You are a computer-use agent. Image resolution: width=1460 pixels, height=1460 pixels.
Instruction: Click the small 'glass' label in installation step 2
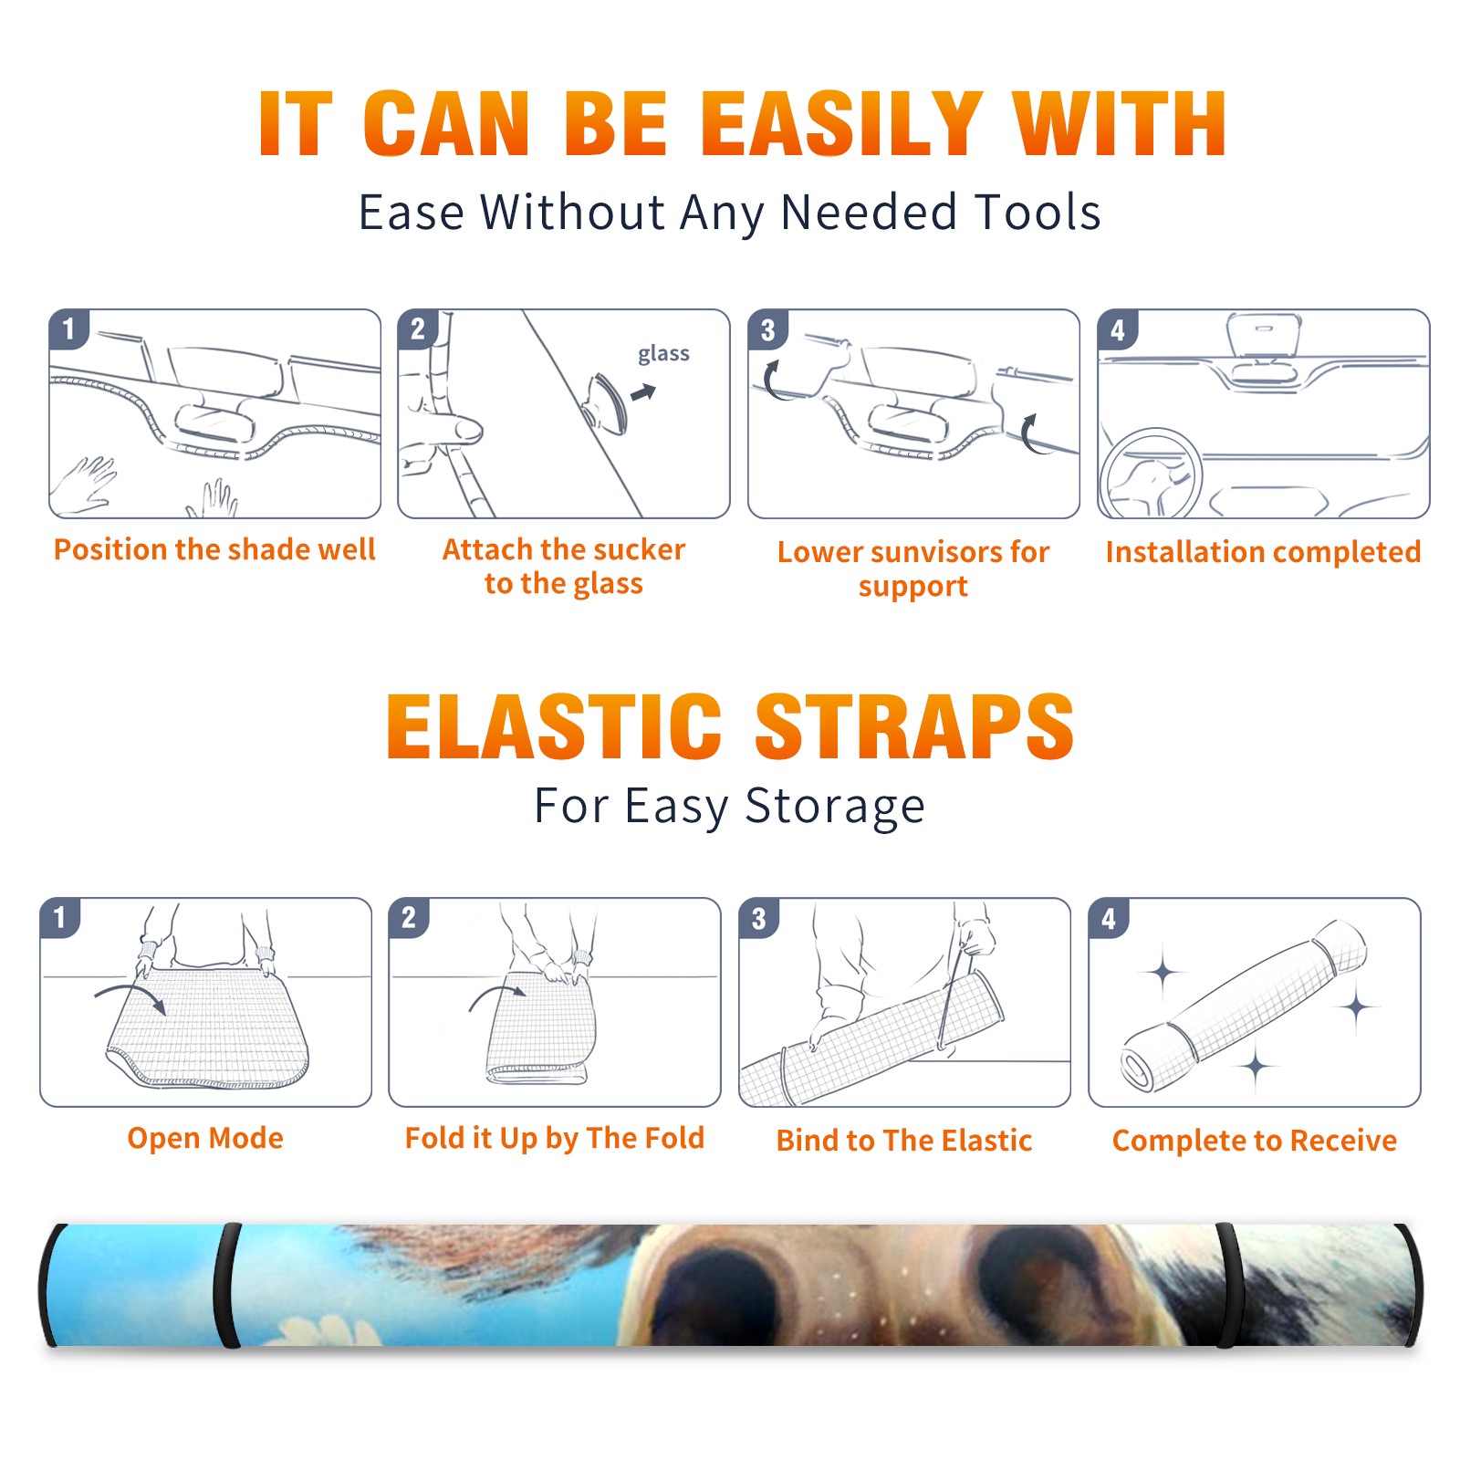663,353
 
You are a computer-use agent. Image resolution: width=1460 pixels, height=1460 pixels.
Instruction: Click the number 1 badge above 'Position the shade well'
68,328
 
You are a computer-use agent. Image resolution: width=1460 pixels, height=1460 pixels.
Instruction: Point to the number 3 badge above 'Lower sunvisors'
767,329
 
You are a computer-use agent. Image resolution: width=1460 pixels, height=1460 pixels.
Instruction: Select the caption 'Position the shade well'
214,549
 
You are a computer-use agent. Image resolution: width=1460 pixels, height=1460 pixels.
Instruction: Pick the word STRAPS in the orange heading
914,726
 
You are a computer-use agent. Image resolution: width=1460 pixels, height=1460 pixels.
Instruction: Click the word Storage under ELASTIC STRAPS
835,807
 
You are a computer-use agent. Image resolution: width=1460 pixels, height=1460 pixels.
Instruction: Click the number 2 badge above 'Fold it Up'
409,917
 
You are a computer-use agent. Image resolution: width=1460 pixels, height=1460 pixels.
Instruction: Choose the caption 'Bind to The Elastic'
904,1141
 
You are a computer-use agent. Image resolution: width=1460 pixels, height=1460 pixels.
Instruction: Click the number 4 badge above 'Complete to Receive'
1109,918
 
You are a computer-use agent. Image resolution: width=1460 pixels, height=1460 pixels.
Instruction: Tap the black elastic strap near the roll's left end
226,1285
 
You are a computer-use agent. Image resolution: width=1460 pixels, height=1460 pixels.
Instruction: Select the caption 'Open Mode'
205,1138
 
